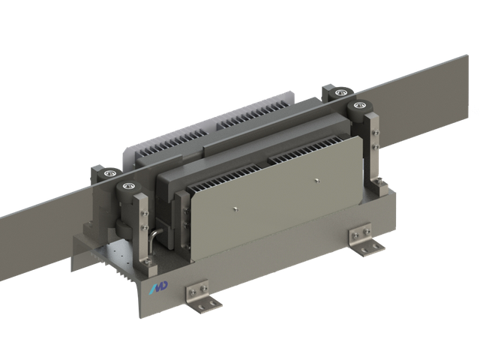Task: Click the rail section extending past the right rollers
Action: tap(431, 97)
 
